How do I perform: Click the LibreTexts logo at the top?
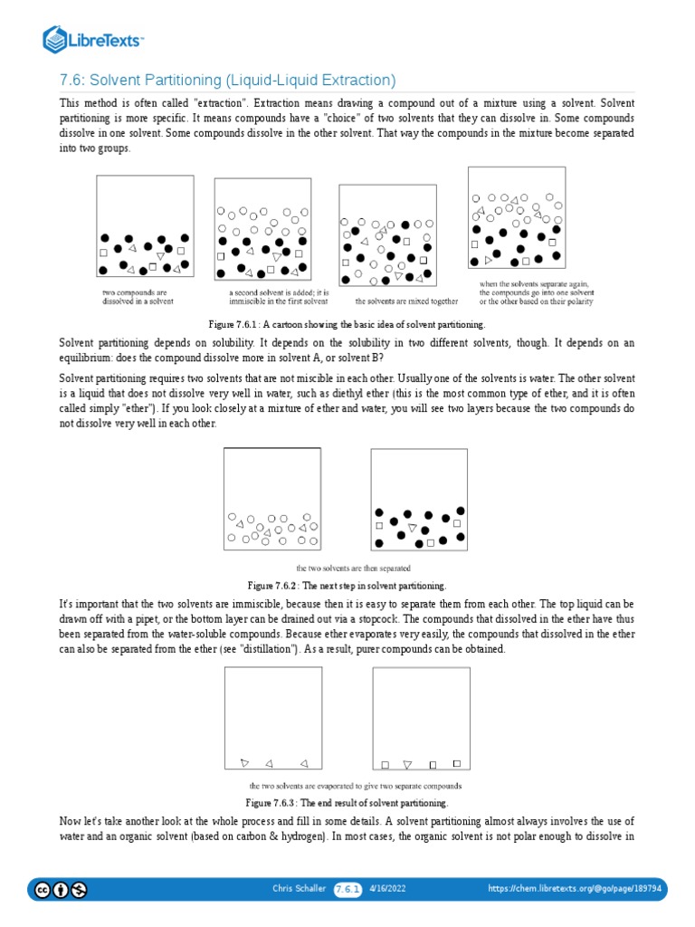(x=93, y=39)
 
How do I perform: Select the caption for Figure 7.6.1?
(x=347, y=324)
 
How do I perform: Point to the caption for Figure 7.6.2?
(x=347, y=586)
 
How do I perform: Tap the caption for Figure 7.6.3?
(x=347, y=803)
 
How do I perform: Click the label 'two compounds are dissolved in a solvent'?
(x=138, y=297)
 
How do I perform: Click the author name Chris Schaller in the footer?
(x=300, y=890)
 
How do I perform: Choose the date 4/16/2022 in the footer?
(x=388, y=890)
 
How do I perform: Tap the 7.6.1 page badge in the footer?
(x=347, y=890)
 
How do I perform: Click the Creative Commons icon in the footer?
(x=42, y=890)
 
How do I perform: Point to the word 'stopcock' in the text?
(x=493, y=618)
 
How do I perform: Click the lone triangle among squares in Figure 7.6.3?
(x=407, y=764)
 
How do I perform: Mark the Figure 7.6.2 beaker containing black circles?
(x=419, y=499)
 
